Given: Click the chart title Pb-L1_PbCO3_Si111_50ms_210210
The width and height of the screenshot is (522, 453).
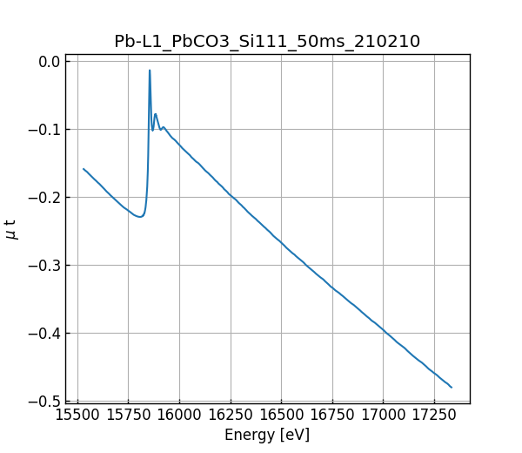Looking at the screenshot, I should click(x=267, y=41).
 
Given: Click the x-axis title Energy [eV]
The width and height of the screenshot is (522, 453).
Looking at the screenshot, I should click(x=267, y=435).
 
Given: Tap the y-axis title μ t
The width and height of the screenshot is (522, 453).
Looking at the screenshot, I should click(x=11, y=229).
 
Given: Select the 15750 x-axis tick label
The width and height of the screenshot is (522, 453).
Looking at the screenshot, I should click(x=129, y=416).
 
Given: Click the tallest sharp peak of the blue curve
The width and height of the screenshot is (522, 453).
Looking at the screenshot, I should click(x=150, y=71).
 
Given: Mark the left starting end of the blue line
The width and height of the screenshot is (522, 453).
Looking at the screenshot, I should click(x=84, y=169).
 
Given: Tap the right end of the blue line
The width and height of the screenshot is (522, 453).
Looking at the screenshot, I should click(x=452, y=387).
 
